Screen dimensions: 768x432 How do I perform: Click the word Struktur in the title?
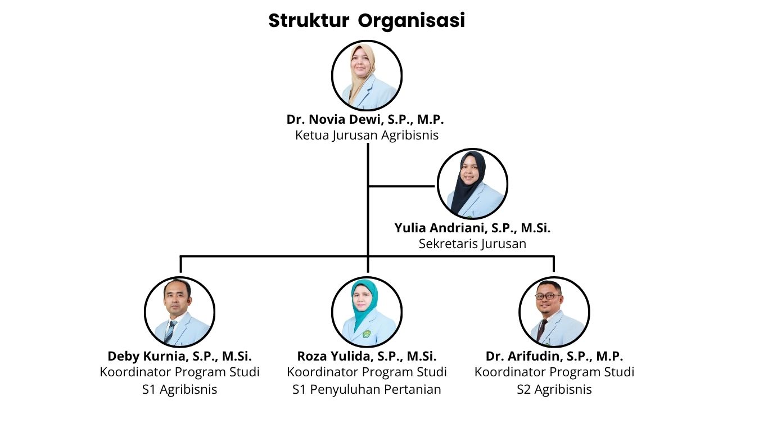309,20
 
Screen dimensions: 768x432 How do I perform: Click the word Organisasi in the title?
412,21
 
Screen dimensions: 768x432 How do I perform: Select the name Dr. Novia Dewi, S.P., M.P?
365,119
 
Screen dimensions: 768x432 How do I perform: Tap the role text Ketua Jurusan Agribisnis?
367,136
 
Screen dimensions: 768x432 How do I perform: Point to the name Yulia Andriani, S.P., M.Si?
472,228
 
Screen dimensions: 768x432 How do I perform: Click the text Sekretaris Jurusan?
472,244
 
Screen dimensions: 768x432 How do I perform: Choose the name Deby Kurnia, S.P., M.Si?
180,356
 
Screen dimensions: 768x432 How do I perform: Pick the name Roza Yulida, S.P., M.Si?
367,356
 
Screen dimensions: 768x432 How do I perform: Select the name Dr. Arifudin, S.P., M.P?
554,356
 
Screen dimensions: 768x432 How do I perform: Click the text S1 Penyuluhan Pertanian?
367,389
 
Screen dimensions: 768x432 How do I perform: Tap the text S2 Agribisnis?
554,389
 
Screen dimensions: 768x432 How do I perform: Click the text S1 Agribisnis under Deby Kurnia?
180,389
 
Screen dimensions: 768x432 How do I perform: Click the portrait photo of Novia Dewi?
367,75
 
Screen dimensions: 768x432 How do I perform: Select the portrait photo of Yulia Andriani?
472,183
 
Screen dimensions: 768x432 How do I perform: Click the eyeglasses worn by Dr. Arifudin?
548,296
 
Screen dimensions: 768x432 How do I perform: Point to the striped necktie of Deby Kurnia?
170,332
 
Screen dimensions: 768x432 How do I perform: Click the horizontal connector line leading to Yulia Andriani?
401,186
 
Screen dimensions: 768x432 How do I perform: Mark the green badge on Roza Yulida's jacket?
367,334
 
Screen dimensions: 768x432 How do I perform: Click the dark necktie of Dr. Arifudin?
542,330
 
